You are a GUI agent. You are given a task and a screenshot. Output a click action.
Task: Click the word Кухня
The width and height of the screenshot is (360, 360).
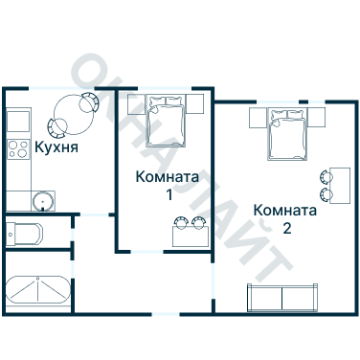pos(56,148)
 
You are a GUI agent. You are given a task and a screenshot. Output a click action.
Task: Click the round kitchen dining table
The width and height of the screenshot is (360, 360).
pos(71,112)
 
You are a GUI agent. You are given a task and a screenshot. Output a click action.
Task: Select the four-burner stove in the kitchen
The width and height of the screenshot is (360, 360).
pos(19,148)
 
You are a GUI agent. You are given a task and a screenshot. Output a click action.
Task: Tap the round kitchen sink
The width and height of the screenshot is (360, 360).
pos(41,200)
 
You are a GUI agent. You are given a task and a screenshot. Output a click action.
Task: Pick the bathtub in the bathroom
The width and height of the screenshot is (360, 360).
pos(37,291)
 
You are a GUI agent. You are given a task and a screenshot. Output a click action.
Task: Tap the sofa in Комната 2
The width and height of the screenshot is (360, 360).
pos(283,297)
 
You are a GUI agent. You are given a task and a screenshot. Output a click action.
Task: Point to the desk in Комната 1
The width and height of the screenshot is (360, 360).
pos(188,235)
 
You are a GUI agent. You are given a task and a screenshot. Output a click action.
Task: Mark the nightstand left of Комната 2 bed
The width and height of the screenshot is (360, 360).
pos(258,118)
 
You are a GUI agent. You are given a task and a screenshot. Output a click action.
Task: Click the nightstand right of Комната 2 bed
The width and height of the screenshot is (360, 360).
pos(318,118)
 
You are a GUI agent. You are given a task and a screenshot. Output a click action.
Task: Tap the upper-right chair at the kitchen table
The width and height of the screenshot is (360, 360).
pos(88,101)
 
